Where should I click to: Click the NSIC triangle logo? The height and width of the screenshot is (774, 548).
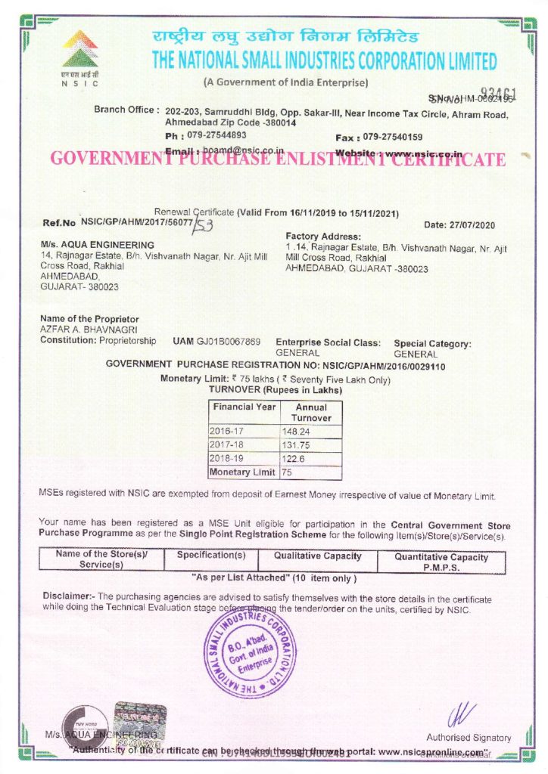point(79,49)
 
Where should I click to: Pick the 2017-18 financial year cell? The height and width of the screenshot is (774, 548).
point(229,445)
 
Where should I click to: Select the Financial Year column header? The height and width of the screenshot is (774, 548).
point(243,407)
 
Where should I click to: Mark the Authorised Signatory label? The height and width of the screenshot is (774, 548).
point(469,737)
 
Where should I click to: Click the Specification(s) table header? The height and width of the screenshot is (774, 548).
point(211,555)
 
